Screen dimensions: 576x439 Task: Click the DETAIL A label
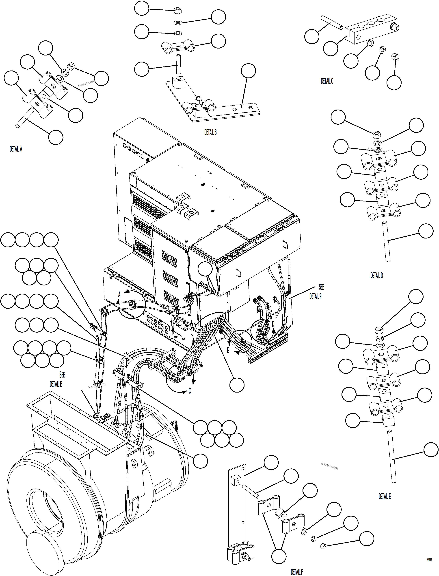16,149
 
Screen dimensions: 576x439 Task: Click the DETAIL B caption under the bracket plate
210,132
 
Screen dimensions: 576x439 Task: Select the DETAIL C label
327,81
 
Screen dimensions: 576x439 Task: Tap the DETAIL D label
376,275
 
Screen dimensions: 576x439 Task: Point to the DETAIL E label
385,497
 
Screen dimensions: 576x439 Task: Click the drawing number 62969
429,560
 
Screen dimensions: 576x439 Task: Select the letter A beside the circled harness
119,295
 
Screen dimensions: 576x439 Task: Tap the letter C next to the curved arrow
190,391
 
